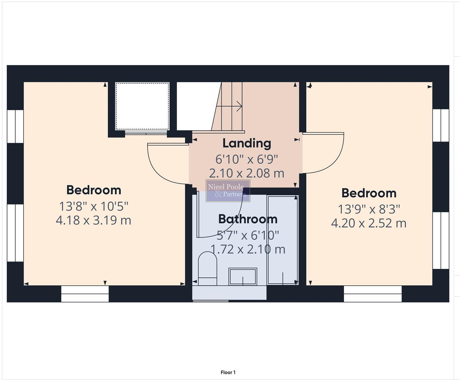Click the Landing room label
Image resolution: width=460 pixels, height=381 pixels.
pyautogui.click(x=247, y=143)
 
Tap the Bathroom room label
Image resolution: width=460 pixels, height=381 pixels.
pyautogui.click(x=248, y=219)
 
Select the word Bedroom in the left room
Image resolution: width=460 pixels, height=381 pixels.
pyautogui.click(x=94, y=190)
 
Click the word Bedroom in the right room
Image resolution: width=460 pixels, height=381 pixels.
pyautogui.click(x=369, y=193)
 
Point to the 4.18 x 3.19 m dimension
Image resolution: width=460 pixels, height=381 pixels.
pyautogui.click(x=93, y=220)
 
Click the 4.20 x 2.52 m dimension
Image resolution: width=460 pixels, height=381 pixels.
pyautogui.click(x=369, y=223)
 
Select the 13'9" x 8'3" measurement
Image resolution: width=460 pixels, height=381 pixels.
pyautogui.click(x=369, y=209)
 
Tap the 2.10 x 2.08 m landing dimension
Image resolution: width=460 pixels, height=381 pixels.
pyautogui.click(x=247, y=173)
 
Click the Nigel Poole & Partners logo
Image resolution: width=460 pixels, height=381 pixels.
pyautogui.click(x=228, y=190)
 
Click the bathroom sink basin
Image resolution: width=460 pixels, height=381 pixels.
pyautogui.click(x=243, y=276)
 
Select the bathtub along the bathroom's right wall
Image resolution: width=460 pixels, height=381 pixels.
pyautogui.click(x=283, y=240)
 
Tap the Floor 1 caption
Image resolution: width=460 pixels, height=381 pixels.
pyautogui.click(x=228, y=372)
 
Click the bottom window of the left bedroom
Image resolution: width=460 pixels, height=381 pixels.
pyautogui.click(x=85, y=294)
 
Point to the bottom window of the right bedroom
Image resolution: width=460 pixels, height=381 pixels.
pyautogui.click(x=373, y=294)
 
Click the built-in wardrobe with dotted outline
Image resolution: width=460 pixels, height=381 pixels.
pyautogui.click(x=142, y=106)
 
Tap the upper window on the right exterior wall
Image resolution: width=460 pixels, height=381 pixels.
pyautogui.click(x=441, y=125)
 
